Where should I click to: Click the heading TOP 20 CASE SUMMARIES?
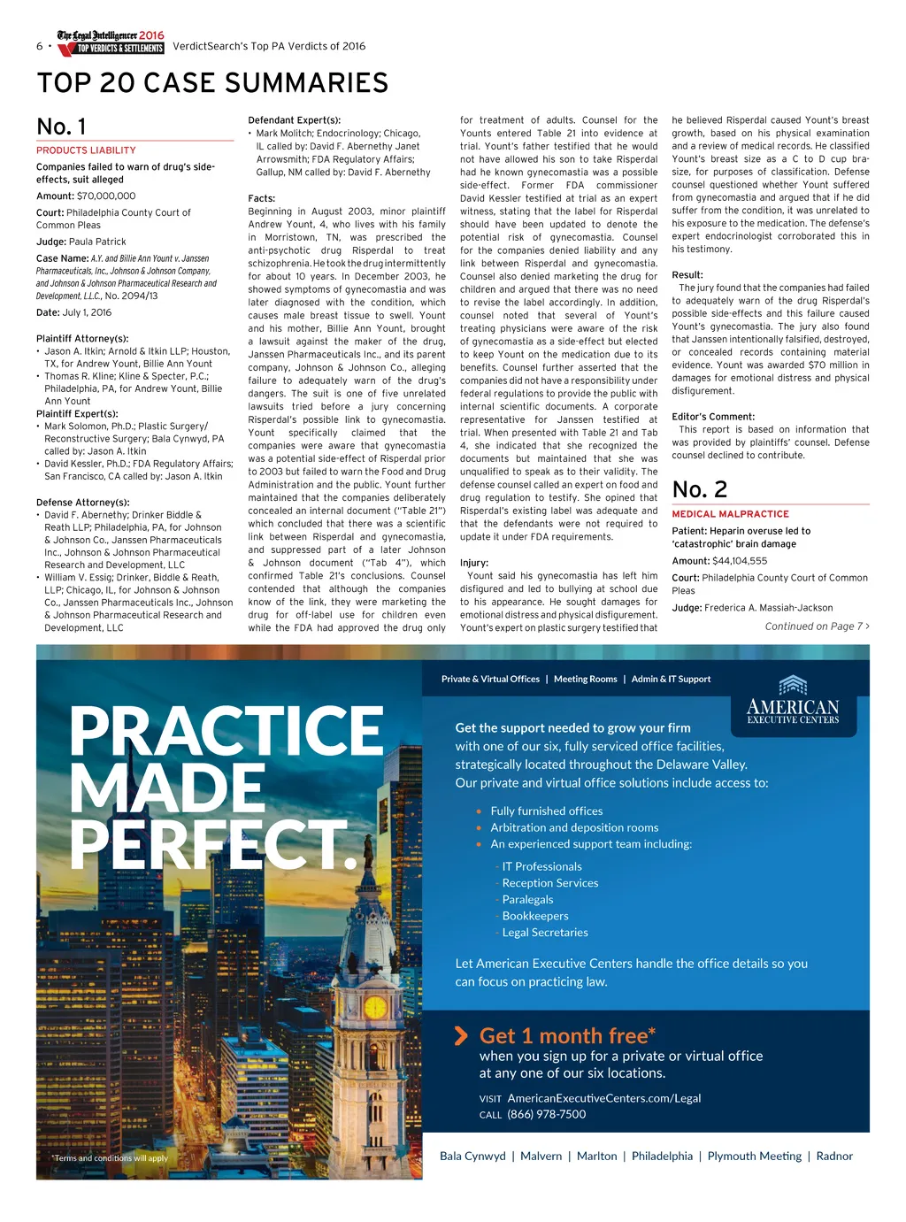[212, 83]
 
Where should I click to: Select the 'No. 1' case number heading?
[62, 127]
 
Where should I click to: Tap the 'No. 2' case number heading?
[699, 489]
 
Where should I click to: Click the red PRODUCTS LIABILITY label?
[86, 150]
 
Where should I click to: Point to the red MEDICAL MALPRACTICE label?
[730, 514]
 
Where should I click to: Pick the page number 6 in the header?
[40, 46]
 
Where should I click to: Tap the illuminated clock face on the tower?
[375, 1007]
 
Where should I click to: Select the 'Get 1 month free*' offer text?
[567, 1036]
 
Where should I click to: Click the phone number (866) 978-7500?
[546, 1115]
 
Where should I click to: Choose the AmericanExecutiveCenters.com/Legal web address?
[603, 1098]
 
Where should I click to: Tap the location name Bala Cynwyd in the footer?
[472, 1157]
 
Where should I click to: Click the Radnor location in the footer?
[834, 1157]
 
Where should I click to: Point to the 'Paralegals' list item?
[527, 900]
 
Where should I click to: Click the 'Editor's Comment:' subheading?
[713, 417]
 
